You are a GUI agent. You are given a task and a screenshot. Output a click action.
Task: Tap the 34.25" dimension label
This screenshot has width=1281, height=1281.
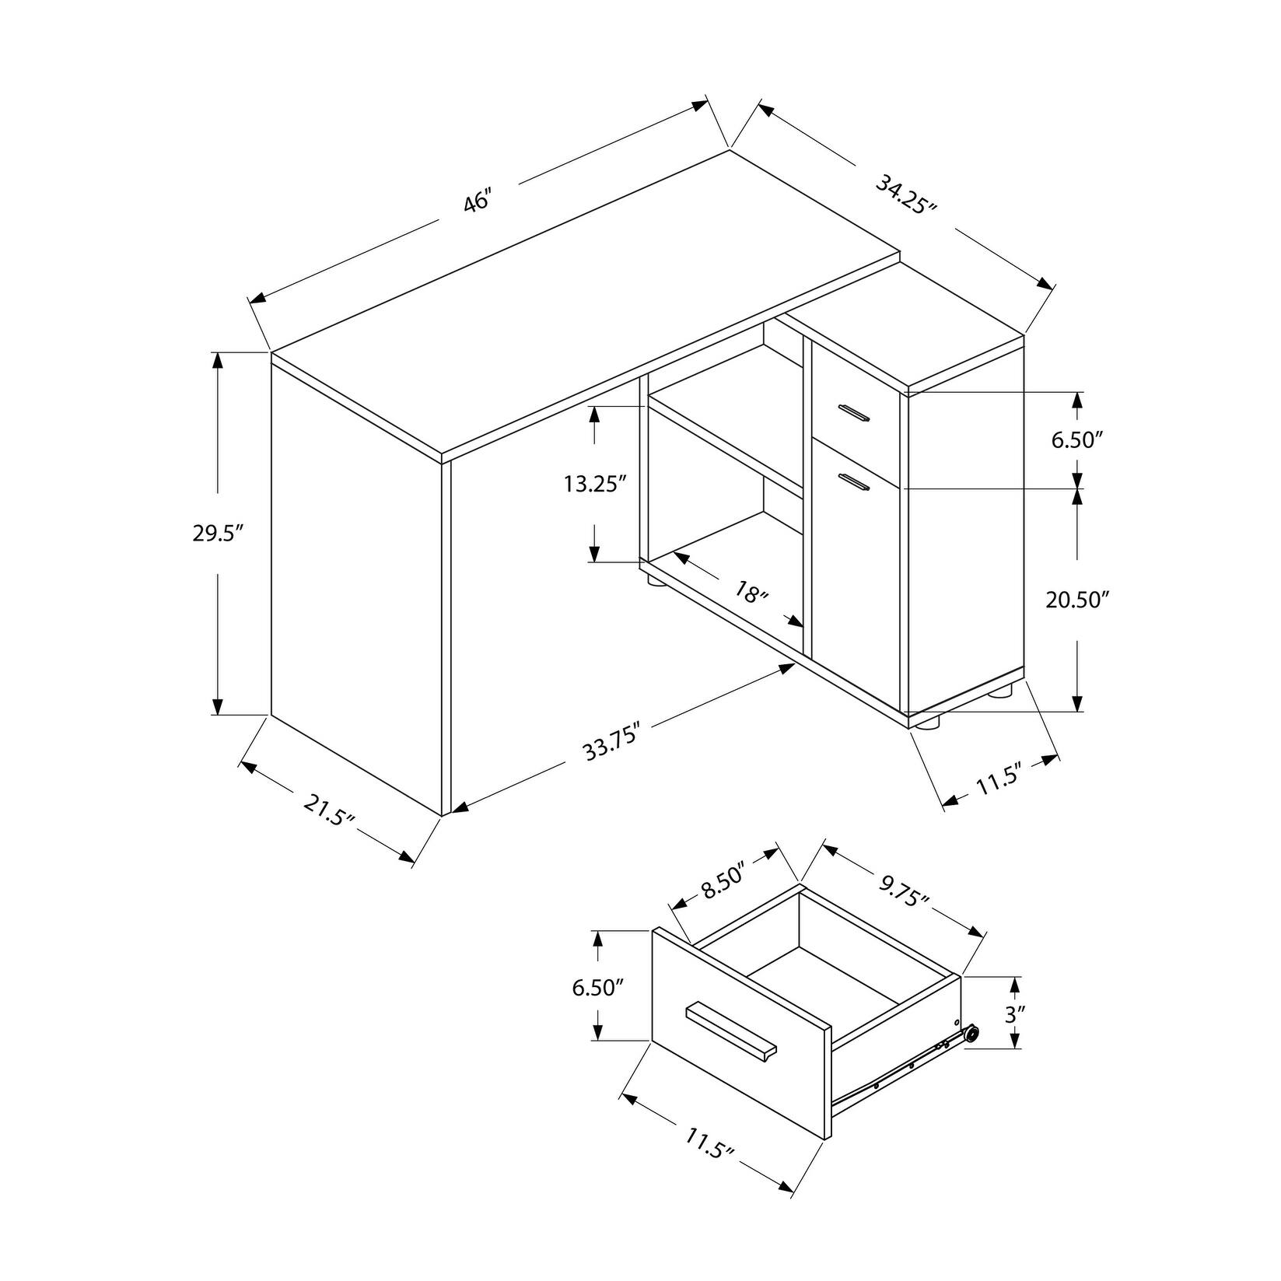[x=906, y=197]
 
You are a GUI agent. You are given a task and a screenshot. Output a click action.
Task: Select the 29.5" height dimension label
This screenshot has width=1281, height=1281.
[x=219, y=534]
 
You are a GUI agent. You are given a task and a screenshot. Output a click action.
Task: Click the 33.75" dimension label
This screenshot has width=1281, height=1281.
[x=611, y=742]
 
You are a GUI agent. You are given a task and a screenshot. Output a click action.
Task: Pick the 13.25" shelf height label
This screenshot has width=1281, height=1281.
[x=596, y=485]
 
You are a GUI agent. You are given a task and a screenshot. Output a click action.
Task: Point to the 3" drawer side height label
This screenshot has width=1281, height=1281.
[x=1014, y=1013]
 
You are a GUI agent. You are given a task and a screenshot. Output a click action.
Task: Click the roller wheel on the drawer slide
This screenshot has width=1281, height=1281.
[x=970, y=1035]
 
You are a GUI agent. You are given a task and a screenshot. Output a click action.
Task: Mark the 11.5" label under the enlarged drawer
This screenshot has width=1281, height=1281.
[x=710, y=1148]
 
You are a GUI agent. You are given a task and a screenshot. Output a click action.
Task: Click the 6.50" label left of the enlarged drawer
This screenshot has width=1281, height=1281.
[x=599, y=987]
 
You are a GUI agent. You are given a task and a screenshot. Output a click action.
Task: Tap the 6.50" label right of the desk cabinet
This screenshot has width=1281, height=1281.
[x=1078, y=440]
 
